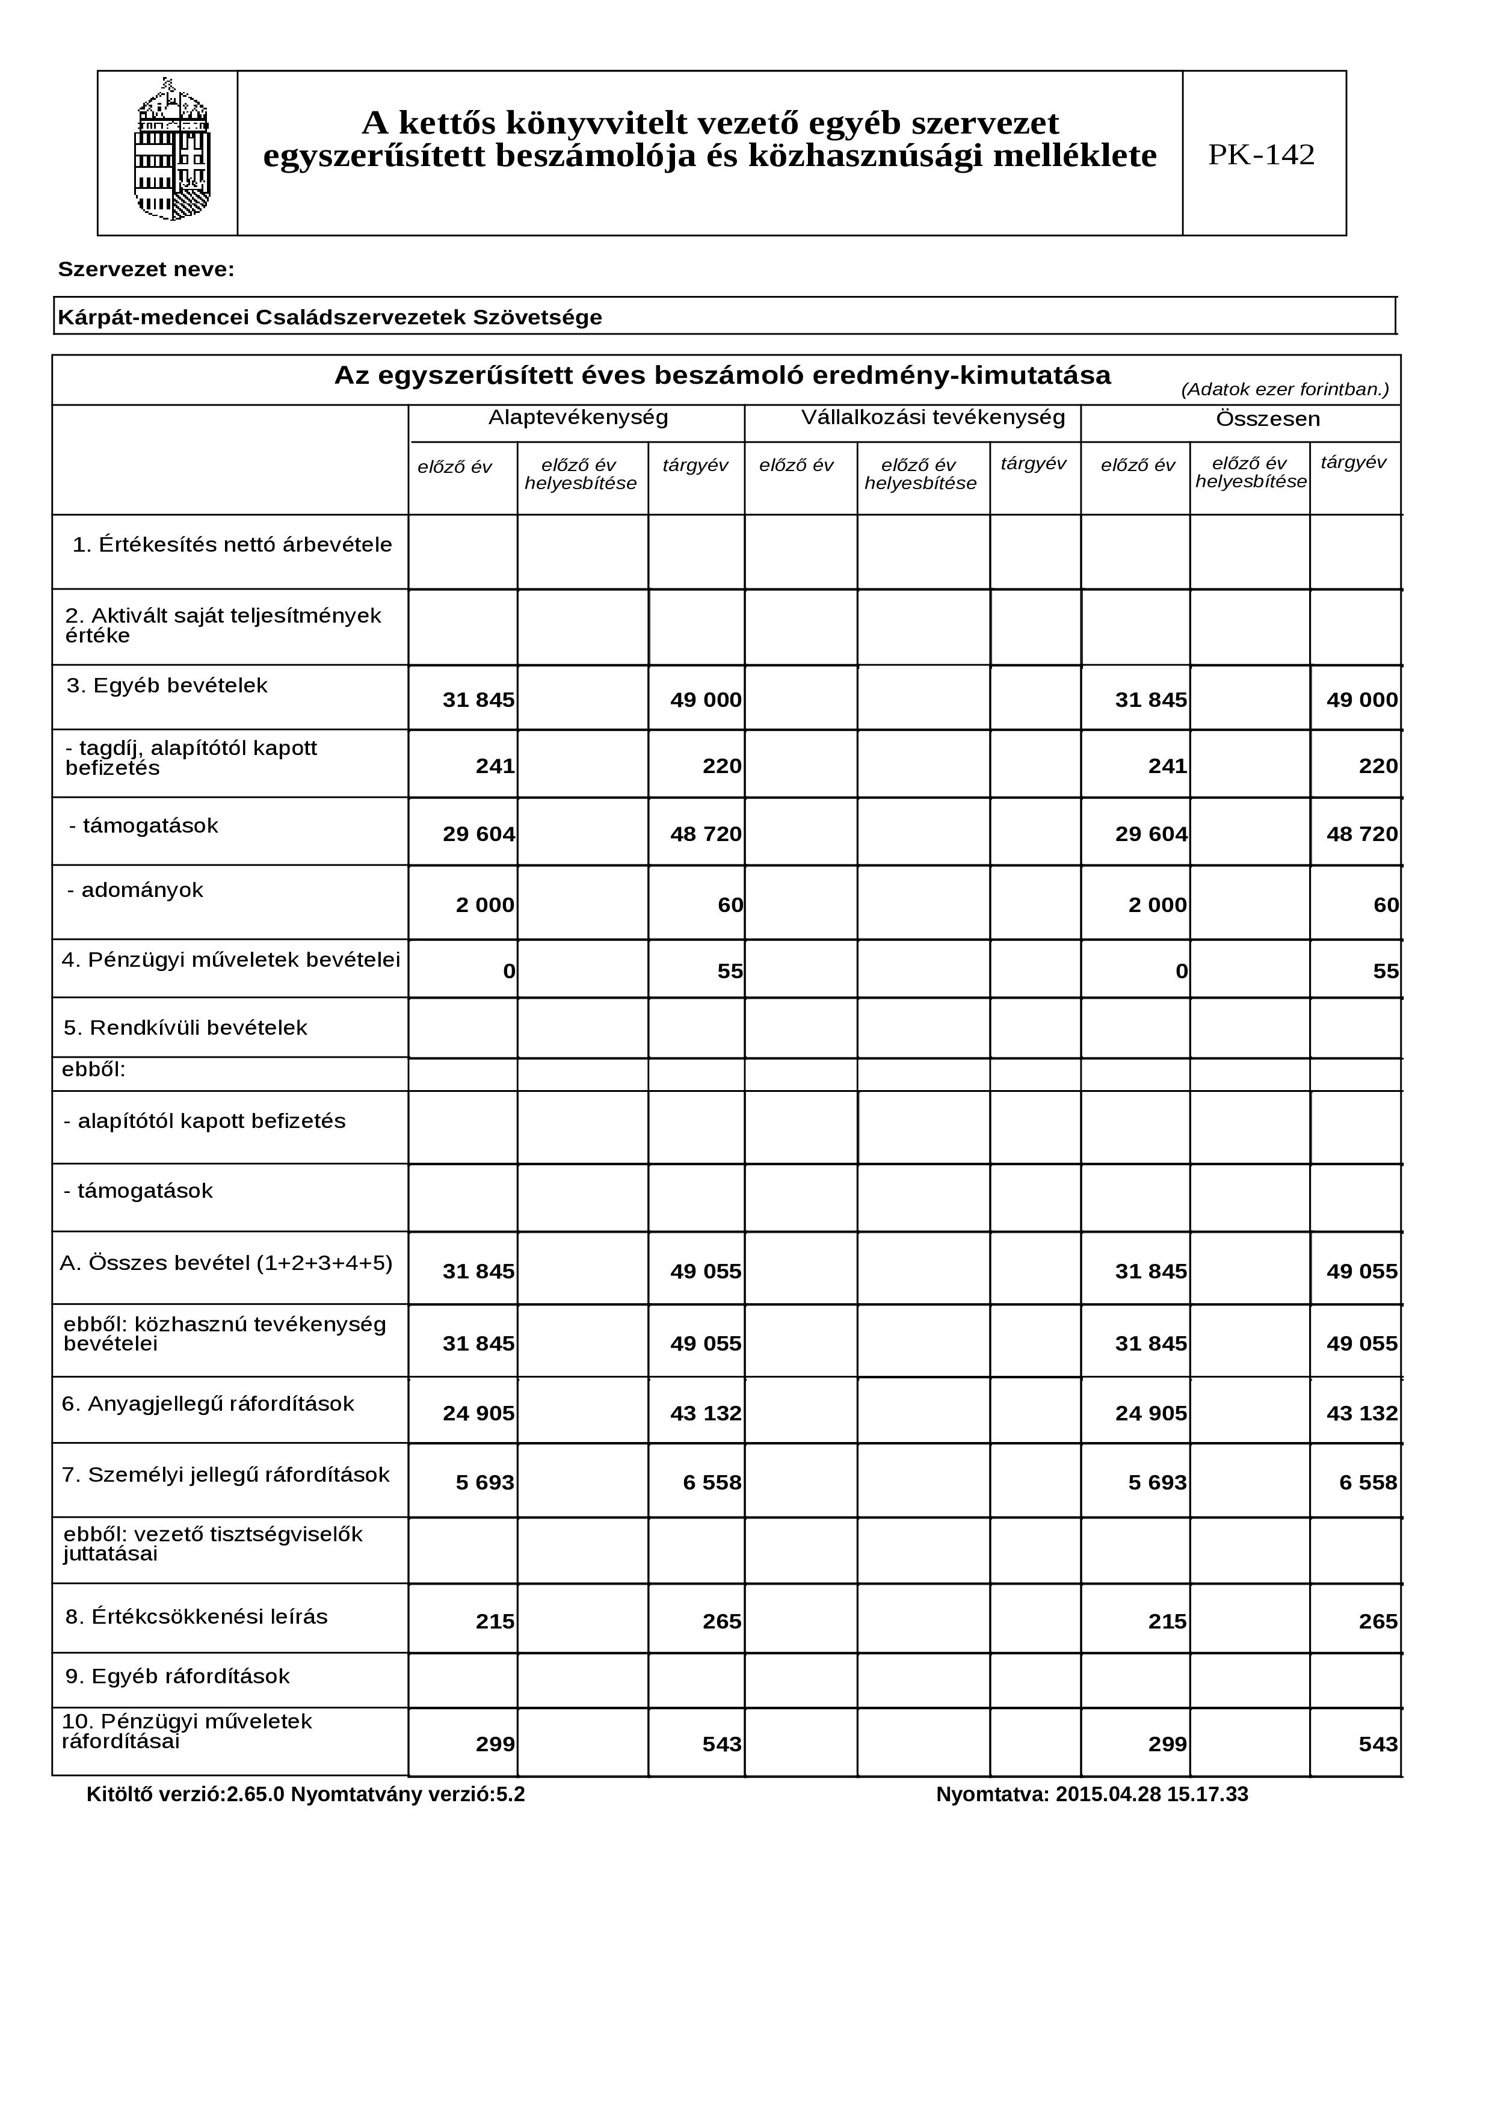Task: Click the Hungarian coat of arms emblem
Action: (172, 151)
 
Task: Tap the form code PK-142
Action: (1260, 155)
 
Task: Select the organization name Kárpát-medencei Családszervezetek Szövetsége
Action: (330, 317)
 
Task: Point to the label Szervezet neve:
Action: (146, 270)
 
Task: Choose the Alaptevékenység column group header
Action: (578, 418)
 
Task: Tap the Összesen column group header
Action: (1267, 419)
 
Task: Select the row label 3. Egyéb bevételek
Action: (167, 686)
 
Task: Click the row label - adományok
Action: (135, 890)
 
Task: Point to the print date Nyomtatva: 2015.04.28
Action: (1091, 1794)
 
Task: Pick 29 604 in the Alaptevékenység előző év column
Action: (478, 834)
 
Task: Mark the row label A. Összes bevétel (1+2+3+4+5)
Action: (226, 1263)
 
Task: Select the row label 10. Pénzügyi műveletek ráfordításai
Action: (186, 1731)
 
